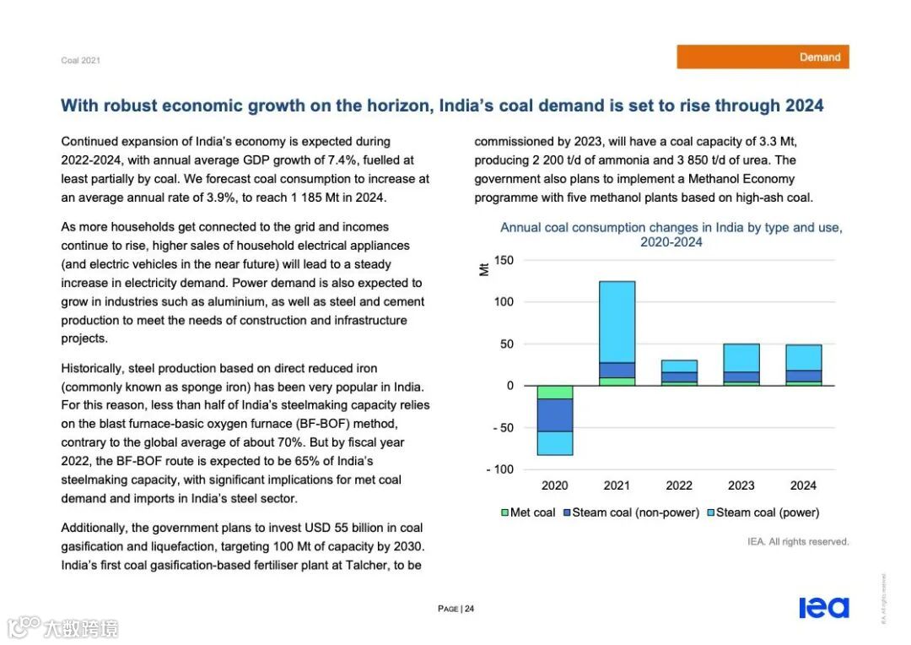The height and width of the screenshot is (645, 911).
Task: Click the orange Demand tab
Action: coord(763,57)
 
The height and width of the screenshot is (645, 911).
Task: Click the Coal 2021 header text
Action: coord(80,60)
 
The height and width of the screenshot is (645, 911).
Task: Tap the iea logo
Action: coord(823,608)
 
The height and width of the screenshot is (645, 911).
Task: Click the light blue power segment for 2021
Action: coord(617,321)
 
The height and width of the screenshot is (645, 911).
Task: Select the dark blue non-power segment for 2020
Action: coord(554,415)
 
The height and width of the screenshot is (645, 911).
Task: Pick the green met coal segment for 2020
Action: coord(554,392)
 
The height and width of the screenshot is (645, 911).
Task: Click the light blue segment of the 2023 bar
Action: coord(741,358)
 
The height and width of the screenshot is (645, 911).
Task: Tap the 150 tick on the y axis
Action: coord(504,260)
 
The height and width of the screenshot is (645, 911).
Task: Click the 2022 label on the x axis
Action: coord(679,485)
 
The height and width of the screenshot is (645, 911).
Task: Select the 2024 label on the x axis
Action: coord(803,485)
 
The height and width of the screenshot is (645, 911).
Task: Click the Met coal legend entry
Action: coord(528,512)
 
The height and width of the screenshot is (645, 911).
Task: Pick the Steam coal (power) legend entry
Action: coord(763,512)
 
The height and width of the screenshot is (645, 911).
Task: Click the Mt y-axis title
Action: coord(484,269)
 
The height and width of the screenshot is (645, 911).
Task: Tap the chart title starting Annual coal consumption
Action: coord(671,235)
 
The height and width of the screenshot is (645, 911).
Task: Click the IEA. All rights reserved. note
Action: coord(798,541)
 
